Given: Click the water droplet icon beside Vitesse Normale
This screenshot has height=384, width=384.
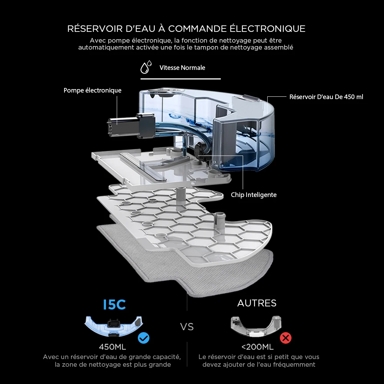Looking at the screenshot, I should click(146, 68).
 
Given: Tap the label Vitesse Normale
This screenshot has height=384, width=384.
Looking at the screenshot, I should click(182, 68).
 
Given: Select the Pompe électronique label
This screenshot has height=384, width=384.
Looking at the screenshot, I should click(93, 91).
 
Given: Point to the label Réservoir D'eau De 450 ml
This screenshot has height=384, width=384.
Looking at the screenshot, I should click(326, 97).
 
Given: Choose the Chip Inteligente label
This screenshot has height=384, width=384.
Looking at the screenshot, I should click(253, 195).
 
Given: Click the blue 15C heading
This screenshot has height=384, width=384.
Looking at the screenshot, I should click(114, 305).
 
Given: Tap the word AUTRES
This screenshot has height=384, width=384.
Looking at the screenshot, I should click(257, 303).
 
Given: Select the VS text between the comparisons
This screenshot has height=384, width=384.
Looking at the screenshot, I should click(187, 327).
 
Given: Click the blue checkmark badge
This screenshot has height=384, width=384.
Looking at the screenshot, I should click(144, 338).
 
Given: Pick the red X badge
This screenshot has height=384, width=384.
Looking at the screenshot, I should click(285, 338).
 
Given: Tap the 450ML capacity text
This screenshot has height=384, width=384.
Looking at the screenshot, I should click(113, 347).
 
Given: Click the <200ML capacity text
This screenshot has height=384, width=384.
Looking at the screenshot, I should click(257, 347).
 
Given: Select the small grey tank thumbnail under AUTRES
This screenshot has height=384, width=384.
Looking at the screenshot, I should click(255, 324).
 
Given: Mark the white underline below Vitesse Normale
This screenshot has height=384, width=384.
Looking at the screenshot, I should click(180, 79).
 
